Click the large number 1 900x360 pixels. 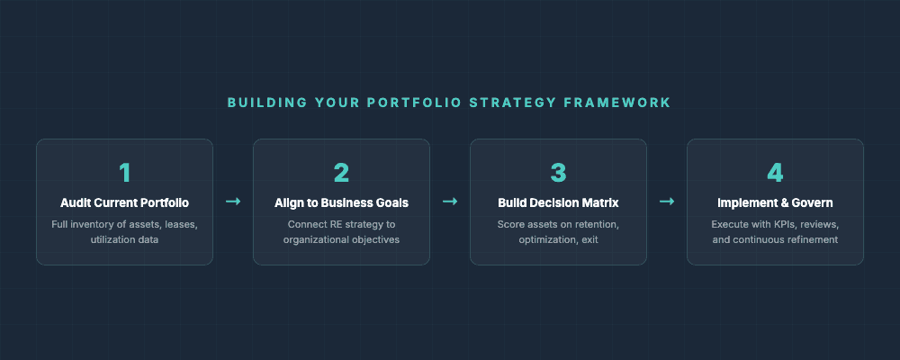[x=124, y=173]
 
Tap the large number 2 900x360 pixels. [x=341, y=173]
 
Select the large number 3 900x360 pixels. [x=558, y=173]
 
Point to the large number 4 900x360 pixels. [x=775, y=173]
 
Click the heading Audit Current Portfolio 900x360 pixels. [x=124, y=202]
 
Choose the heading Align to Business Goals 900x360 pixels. [x=341, y=202]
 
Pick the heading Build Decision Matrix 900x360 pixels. [x=558, y=202]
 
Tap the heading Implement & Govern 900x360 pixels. [x=775, y=202]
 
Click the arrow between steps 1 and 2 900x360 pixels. [x=233, y=202]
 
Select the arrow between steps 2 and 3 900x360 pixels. [x=450, y=202]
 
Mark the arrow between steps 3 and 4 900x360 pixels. [x=667, y=202]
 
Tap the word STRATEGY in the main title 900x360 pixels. [x=511, y=103]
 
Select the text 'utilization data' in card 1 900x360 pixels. [x=124, y=240]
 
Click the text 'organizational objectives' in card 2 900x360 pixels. [x=341, y=240]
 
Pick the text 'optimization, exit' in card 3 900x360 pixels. [x=558, y=240]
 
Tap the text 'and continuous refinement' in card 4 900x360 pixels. [x=775, y=240]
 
